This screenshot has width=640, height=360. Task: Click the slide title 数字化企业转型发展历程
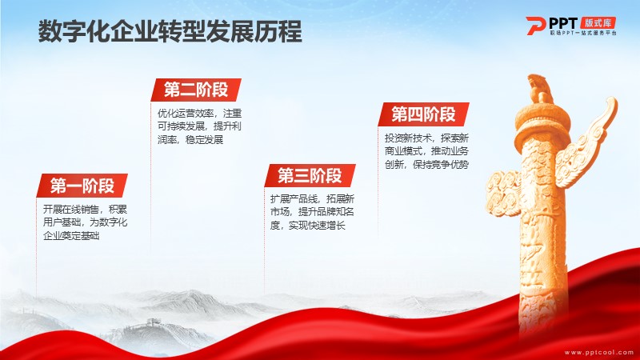(x=170, y=32)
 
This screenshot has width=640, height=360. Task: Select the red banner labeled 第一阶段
(x=82, y=186)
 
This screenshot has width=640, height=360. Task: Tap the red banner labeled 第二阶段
(x=196, y=90)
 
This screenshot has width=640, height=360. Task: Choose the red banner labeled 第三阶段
(x=310, y=176)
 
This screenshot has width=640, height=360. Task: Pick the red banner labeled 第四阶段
(x=423, y=114)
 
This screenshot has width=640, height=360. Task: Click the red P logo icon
(x=535, y=26)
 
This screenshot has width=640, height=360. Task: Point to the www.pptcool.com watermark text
(x=598, y=352)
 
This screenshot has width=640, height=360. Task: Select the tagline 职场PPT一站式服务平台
(x=583, y=33)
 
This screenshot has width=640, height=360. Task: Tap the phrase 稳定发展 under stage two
(x=204, y=139)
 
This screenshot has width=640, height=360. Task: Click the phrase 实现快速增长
(x=317, y=226)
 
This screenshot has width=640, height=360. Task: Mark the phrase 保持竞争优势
(x=441, y=165)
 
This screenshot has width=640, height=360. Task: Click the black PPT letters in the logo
(x=563, y=23)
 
